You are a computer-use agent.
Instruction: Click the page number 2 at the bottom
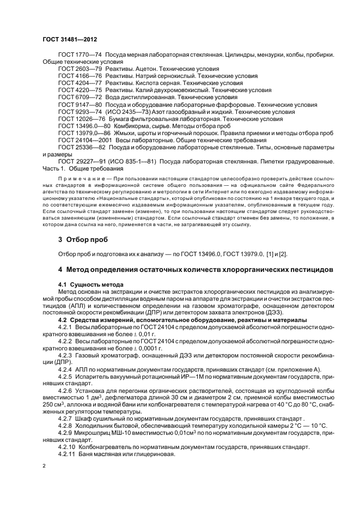pyautogui.click(x=45, y=466)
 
